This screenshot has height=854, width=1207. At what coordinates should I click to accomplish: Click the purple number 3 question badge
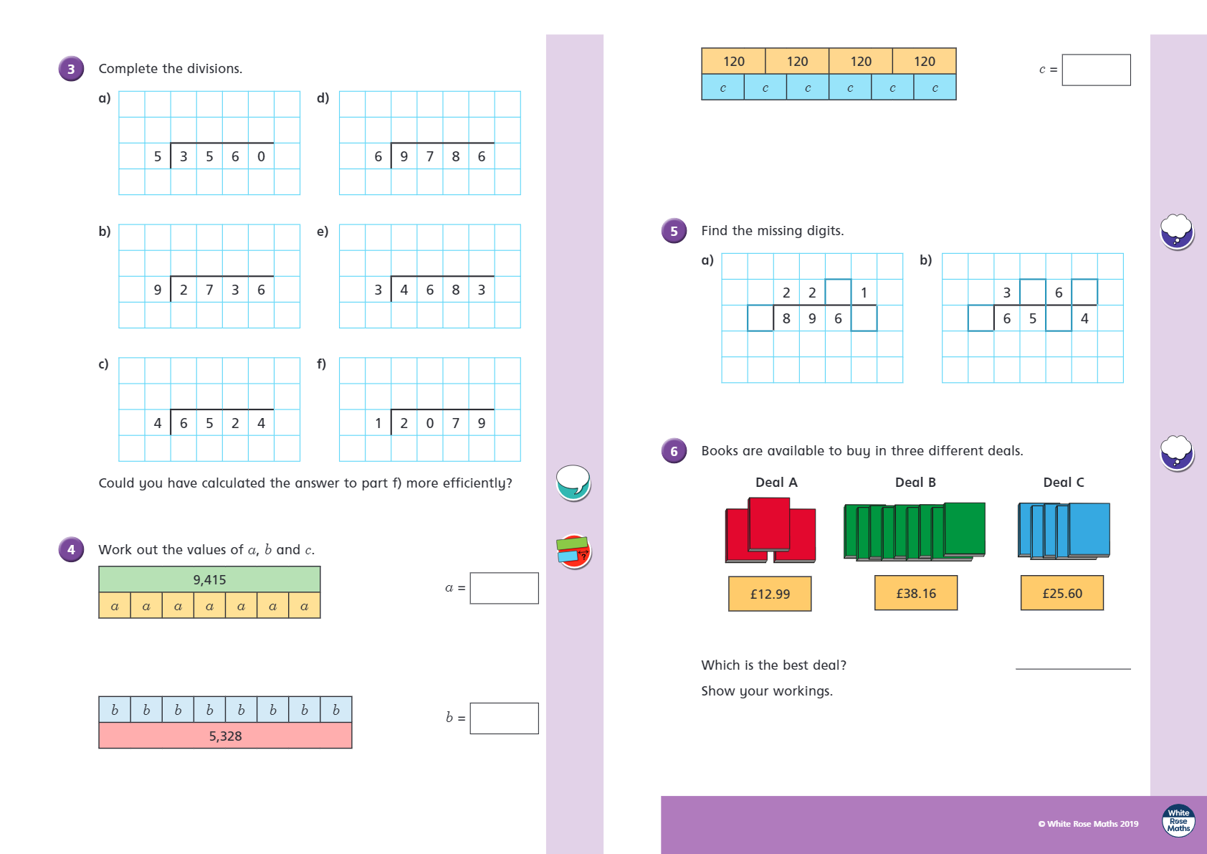(x=71, y=69)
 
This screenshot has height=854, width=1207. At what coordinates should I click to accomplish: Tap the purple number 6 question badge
(x=674, y=451)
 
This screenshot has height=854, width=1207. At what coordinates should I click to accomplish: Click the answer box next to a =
(x=504, y=588)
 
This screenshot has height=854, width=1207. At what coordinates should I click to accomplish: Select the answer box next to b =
(x=504, y=718)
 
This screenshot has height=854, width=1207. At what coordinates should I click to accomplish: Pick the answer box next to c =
(x=1096, y=70)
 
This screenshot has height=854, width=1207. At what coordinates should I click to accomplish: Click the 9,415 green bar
(x=209, y=579)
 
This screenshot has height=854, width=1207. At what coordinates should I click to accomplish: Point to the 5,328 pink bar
(x=225, y=736)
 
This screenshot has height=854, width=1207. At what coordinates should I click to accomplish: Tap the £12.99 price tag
(x=770, y=594)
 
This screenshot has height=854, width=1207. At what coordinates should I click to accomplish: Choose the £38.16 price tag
(x=916, y=593)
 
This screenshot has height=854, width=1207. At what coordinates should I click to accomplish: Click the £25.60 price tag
(x=1062, y=593)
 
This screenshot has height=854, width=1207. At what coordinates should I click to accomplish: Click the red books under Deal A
(x=771, y=531)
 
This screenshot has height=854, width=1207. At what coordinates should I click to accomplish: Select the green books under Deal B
(x=915, y=531)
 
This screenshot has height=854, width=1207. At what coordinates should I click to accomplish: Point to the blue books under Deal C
(x=1064, y=531)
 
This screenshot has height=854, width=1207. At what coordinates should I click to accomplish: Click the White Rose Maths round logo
(x=1178, y=820)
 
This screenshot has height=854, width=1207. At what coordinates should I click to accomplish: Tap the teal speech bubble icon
(x=573, y=482)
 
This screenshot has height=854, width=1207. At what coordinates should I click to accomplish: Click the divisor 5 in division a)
(x=158, y=156)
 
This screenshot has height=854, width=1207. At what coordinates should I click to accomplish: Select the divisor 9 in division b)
(x=158, y=290)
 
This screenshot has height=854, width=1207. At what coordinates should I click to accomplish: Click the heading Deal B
(x=915, y=483)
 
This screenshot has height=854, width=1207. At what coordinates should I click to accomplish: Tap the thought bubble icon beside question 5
(x=1177, y=231)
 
